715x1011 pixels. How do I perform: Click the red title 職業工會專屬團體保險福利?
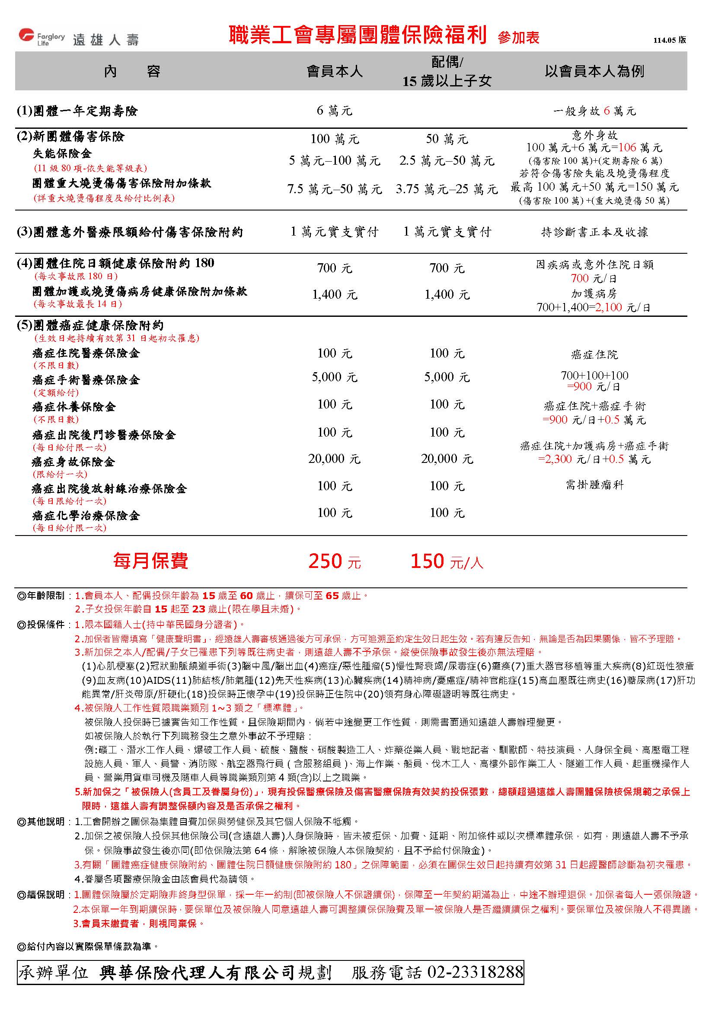[357, 35]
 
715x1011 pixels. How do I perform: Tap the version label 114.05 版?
[669, 40]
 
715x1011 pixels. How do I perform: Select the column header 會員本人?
[335, 71]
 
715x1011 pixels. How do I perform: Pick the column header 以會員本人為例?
[594, 71]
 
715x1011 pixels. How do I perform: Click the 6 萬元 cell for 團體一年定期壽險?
[335, 111]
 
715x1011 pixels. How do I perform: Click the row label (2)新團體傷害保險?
[70, 137]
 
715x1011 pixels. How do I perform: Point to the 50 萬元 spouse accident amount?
[447, 139]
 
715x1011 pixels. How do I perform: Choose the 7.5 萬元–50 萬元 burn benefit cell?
[335, 189]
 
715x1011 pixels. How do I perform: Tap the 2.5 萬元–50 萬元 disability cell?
[447, 161]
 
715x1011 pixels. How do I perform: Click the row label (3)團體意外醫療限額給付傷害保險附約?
[130, 232]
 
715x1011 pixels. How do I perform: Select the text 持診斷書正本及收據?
[594, 232]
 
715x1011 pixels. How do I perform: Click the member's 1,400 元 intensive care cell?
[335, 295]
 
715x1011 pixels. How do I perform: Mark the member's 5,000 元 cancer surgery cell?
[335, 377]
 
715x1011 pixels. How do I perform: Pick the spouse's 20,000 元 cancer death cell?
[447, 459]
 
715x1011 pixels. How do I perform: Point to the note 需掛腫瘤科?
[594, 485]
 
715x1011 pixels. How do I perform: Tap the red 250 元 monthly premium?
[335, 561]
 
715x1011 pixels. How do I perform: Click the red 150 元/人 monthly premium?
[447, 561]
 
